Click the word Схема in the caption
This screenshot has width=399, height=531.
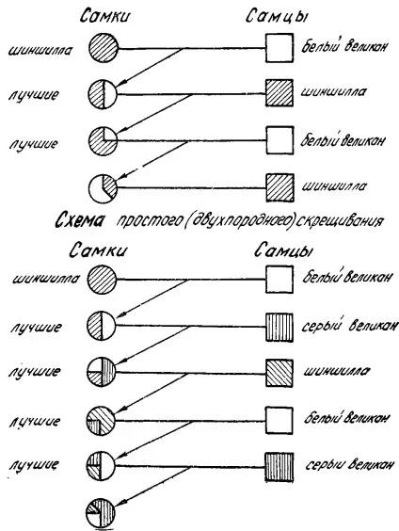coord(79,221)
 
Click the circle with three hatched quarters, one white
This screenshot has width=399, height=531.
coord(104,141)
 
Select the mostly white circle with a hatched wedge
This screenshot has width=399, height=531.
coord(104,188)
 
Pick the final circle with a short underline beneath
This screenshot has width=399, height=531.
coord(101,512)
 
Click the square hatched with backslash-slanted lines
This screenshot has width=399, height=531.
coord(279,373)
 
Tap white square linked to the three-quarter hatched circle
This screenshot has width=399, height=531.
coord(279,140)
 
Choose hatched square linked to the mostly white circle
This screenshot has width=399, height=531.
coord(279,188)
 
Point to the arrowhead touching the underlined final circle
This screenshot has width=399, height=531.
coord(119,503)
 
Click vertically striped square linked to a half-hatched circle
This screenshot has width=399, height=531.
coord(279,327)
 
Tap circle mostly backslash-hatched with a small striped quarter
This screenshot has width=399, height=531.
coord(101,420)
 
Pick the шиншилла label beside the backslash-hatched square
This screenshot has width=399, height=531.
coord(336,372)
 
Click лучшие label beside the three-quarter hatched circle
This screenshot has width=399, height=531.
coord(33,144)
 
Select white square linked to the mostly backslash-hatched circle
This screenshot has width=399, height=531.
coord(279,420)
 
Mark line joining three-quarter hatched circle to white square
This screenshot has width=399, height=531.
coord(192,140)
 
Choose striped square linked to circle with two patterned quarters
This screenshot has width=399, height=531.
coord(279,467)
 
